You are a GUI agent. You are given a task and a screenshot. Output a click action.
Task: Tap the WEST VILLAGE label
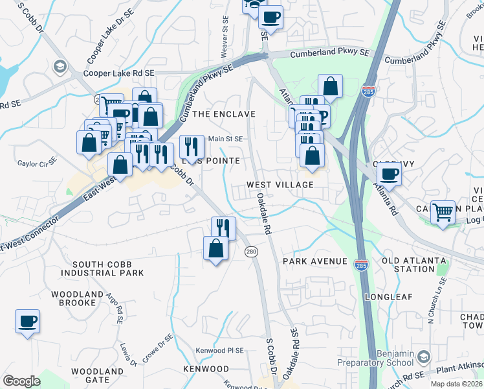280,185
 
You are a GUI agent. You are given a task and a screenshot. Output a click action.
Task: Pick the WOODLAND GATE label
97,375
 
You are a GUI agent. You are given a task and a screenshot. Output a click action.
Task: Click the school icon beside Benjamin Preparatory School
423,357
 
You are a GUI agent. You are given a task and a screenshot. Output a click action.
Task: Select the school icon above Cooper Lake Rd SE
60,66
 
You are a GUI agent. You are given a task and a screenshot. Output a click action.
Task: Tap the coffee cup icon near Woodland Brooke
27,322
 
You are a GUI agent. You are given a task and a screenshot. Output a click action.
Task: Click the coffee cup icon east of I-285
390,174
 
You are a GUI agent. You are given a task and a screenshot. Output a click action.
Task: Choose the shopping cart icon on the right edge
443,211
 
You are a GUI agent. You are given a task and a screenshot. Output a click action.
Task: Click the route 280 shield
252,251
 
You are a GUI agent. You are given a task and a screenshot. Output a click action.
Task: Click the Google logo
21,381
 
